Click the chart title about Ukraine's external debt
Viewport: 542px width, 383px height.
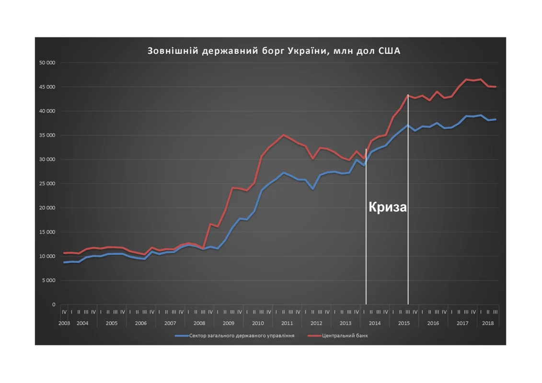274,51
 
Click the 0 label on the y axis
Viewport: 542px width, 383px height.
54,304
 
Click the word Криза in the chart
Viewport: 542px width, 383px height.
388,207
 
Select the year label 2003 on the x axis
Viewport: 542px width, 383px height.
64,323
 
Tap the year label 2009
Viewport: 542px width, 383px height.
229,323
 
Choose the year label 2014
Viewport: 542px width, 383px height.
375,323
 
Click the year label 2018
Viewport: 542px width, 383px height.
488,323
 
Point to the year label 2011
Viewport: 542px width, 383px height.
287,323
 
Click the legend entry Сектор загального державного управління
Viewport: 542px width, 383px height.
242,336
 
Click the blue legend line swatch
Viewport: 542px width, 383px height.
181,336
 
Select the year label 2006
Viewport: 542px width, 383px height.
141,323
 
